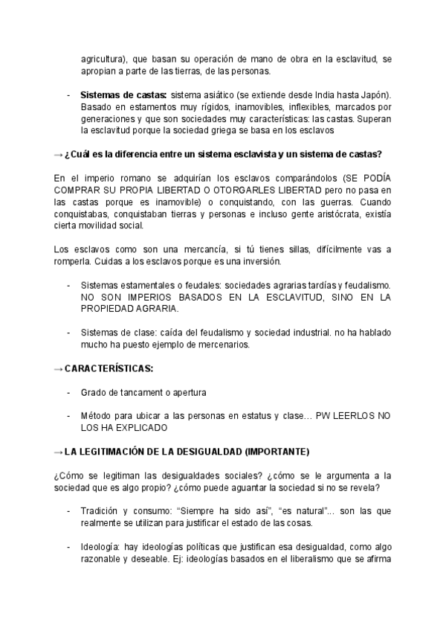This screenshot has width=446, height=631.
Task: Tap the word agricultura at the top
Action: (x=103, y=60)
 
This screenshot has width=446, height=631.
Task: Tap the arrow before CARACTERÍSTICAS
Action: (x=59, y=369)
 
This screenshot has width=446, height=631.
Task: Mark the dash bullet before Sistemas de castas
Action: (x=69, y=96)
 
